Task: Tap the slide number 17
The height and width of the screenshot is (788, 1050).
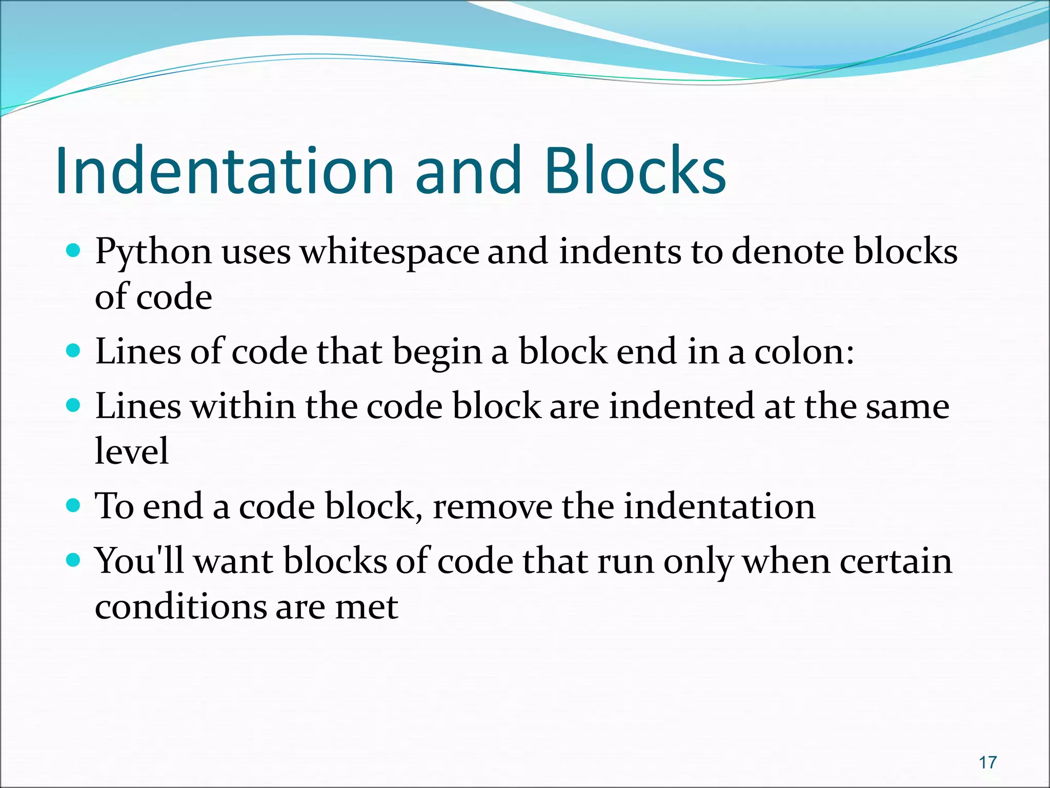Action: [x=987, y=762]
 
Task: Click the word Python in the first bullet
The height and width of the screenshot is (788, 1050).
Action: [x=153, y=252]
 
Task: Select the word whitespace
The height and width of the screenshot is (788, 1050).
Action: [x=390, y=252]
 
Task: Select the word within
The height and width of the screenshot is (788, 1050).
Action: [x=243, y=406]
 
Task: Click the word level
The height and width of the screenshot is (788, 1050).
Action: [x=132, y=451]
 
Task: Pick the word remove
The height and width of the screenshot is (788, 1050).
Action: [x=492, y=506]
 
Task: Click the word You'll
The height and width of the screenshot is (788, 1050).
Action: [x=139, y=560]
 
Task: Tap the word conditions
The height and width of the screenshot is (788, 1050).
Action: [x=180, y=606]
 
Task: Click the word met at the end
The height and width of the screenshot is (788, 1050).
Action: [x=366, y=607]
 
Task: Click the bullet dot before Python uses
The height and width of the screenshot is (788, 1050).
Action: [x=74, y=251]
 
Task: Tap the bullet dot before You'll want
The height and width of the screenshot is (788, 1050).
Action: [x=74, y=560]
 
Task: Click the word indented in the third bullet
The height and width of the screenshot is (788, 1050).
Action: [x=681, y=406]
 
